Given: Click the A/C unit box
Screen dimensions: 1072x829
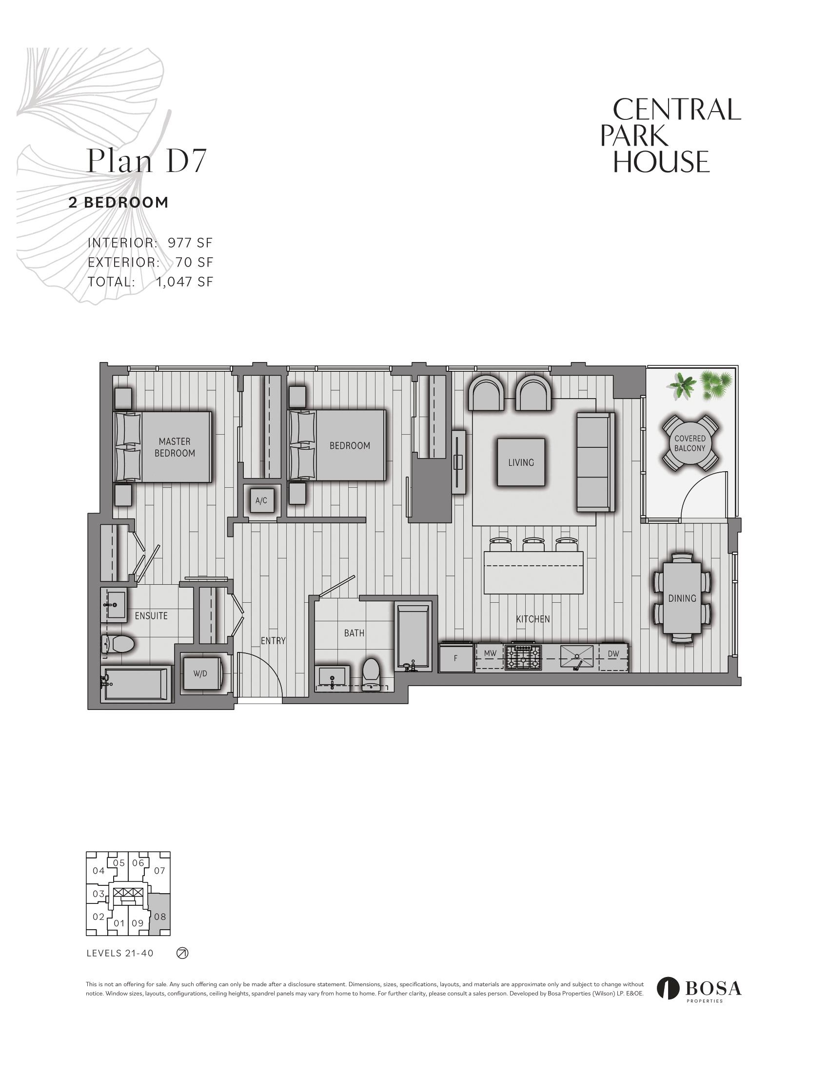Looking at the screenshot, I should [x=261, y=500].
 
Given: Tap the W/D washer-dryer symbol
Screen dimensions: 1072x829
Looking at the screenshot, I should [x=200, y=674].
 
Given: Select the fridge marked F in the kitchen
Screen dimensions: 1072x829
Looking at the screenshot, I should [x=456, y=658].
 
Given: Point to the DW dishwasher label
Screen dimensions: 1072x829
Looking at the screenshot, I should [x=613, y=653].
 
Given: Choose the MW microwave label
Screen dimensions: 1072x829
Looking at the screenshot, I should [x=490, y=653].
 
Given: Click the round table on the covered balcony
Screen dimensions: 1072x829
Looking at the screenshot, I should [x=690, y=443].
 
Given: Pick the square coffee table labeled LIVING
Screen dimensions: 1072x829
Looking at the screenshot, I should [x=521, y=462].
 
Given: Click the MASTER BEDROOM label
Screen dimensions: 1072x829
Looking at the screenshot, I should [x=175, y=447].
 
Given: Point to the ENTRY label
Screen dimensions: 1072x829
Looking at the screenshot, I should [x=273, y=641].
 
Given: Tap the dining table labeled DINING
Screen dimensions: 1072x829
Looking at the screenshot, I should [x=682, y=598].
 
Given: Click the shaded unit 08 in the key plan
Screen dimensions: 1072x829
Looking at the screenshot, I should [x=159, y=916].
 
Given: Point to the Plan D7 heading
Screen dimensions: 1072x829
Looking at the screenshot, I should [x=146, y=160].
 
